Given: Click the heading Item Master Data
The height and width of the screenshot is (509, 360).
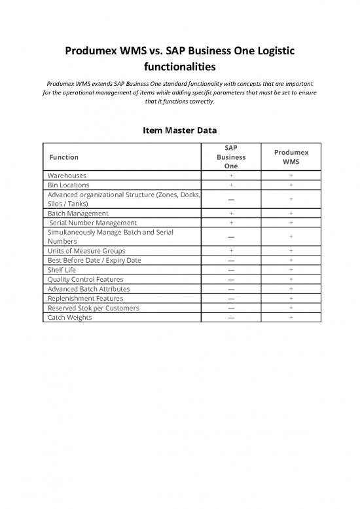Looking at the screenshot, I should tap(179, 130).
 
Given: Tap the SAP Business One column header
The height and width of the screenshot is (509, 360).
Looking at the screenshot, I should tap(230, 157).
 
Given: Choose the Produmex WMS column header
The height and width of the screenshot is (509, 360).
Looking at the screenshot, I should tap(291, 157).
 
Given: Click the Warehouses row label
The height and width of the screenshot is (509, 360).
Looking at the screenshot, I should tap(66, 176).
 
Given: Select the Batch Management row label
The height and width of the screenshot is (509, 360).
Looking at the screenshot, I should tap(78, 214).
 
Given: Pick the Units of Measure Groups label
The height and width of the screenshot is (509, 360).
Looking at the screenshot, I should tap(86, 251).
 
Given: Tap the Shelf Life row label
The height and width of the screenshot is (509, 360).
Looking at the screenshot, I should tap(61, 270).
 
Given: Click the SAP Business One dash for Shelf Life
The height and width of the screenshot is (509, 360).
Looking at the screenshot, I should tap(230, 270).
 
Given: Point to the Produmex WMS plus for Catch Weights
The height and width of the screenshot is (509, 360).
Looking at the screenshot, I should tap(291, 317).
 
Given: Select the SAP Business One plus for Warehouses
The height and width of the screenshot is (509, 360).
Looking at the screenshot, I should tap(230, 176).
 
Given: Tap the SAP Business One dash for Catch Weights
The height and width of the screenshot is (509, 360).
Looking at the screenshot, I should tap(230, 317).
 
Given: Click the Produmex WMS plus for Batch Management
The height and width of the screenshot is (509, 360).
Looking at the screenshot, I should tap(291, 214).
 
